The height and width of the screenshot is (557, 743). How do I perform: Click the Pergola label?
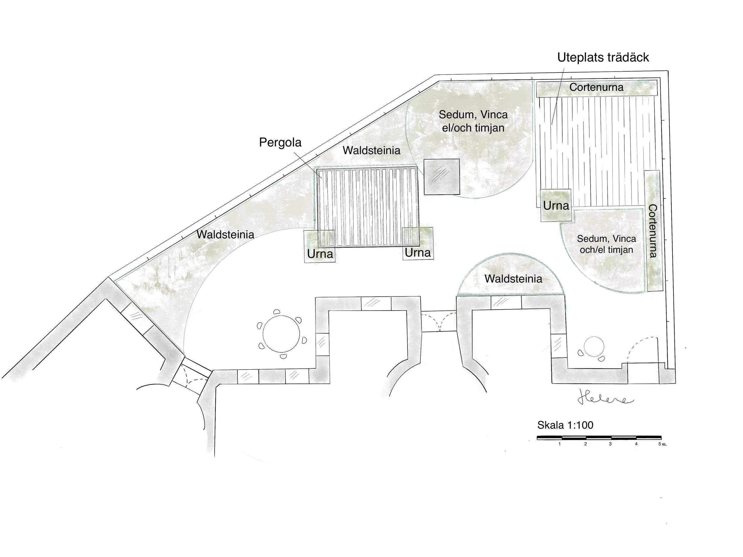280,142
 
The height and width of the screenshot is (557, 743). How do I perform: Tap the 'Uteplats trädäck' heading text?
603,57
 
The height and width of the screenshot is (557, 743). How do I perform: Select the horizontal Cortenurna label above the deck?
596,87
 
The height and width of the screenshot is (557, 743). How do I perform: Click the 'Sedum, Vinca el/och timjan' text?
473,121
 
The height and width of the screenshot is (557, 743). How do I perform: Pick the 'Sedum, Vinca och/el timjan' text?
606,244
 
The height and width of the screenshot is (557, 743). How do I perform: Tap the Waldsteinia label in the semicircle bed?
513,279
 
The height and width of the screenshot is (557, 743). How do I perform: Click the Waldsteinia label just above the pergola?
371,150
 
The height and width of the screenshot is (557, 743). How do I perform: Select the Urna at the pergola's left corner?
320,253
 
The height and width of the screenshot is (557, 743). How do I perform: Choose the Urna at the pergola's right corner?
418,252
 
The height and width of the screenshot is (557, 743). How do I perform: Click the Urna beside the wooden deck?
556,206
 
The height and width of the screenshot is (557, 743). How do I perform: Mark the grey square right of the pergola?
441,176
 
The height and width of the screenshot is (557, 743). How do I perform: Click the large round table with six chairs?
281,334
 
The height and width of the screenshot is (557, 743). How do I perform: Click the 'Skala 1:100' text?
565,425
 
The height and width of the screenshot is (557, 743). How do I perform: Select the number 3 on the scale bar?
610,444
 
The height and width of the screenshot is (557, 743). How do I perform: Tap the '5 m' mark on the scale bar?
662,444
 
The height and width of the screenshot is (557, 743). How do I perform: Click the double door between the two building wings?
439,322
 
